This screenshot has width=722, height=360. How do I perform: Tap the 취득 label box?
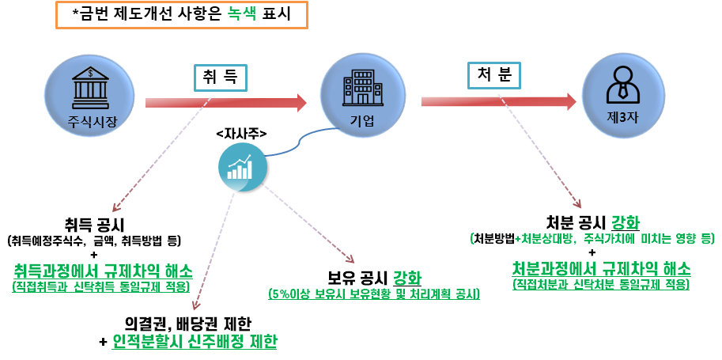pyautogui.click(x=221, y=78)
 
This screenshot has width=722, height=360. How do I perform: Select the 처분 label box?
pyautogui.click(x=494, y=74)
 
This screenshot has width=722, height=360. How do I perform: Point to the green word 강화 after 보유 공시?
pyautogui.click(x=407, y=278)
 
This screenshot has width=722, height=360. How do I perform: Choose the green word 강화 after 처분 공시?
pyautogui.click(x=625, y=221)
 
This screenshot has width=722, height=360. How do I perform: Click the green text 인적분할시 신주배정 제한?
pyautogui.click(x=195, y=341)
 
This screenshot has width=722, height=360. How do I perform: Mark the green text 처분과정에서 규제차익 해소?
pyautogui.click(x=601, y=267)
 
